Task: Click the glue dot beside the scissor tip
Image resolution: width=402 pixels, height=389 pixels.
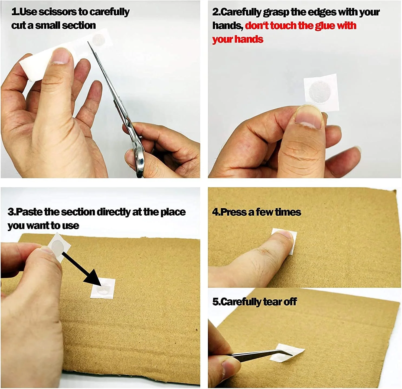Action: click(x=98, y=39)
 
